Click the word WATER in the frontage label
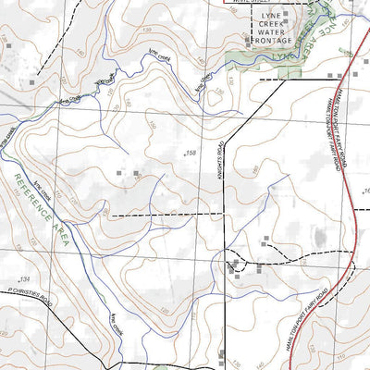(274, 30)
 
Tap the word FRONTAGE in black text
(274, 41)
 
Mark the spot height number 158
(191, 152)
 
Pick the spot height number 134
(25, 280)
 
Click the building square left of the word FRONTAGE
(248, 41)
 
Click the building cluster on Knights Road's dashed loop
(235, 267)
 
